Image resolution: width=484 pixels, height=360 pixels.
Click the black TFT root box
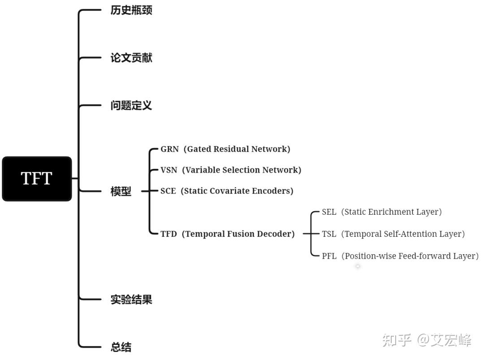click(37, 178)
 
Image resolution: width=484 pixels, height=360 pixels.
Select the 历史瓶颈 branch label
click(131, 10)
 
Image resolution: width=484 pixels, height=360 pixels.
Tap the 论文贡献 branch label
click(131, 58)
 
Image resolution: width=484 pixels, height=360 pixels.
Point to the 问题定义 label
click(131, 106)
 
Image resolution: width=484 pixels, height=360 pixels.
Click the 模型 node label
click(121, 191)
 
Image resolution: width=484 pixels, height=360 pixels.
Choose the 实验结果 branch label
click(131, 299)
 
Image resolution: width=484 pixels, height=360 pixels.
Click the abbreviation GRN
click(169, 149)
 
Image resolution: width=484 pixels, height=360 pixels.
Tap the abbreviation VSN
click(169, 170)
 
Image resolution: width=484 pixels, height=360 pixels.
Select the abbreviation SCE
click(169, 191)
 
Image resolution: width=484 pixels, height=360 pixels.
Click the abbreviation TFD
click(169, 234)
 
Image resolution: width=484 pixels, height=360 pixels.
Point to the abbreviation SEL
click(329, 212)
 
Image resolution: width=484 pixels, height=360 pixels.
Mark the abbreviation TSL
click(329, 234)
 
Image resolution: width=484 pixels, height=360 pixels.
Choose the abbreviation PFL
click(329, 256)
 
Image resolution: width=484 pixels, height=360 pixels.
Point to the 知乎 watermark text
click(397, 340)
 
